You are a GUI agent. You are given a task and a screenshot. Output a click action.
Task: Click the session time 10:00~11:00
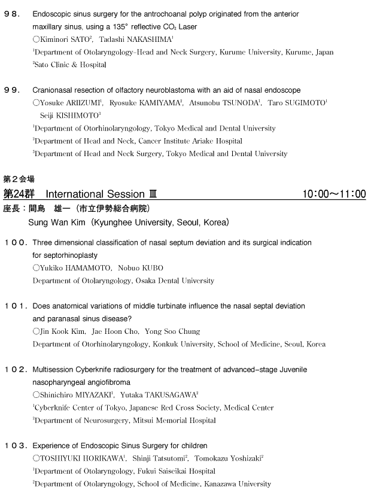point(335,194)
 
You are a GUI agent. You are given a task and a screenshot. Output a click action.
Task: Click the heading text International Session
point(95,194)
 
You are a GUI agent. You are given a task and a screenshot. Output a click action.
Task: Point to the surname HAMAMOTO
point(85,267)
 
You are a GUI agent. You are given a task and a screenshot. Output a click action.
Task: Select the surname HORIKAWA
point(99,458)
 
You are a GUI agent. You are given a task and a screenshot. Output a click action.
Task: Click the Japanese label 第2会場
point(19,179)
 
